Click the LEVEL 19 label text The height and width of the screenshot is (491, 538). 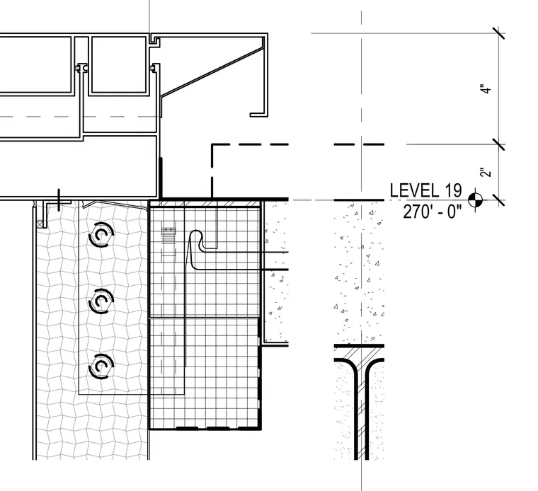[426, 190]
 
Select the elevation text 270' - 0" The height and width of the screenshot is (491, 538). [433, 212]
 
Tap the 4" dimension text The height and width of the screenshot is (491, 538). [486, 89]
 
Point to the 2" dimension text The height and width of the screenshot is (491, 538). [486, 173]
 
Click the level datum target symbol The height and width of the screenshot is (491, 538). [475, 200]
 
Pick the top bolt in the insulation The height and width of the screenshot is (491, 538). [101, 234]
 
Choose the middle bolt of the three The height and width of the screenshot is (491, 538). [101, 301]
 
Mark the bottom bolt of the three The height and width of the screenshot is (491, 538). [101, 366]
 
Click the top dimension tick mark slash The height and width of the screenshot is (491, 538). [498, 33]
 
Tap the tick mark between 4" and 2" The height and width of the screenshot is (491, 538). [498, 144]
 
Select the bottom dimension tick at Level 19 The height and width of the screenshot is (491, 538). [498, 200]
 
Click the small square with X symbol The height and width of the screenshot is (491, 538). [40, 224]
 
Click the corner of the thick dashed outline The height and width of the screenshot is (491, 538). [212, 145]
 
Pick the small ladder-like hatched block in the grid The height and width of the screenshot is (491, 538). [168, 235]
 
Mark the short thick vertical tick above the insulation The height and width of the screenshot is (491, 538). [59, 200]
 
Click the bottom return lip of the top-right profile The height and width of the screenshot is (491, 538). [258, 115]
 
